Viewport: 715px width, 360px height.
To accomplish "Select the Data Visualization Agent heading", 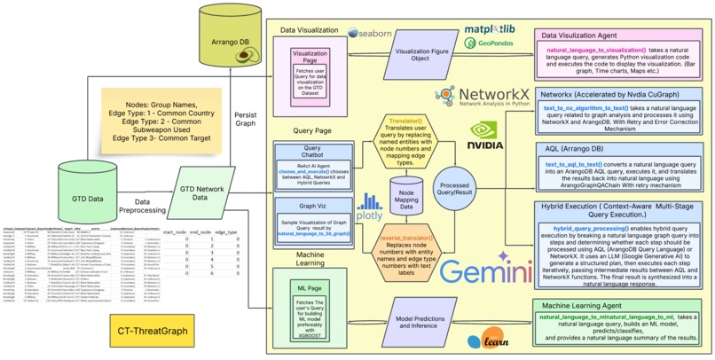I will click(593, 35).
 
